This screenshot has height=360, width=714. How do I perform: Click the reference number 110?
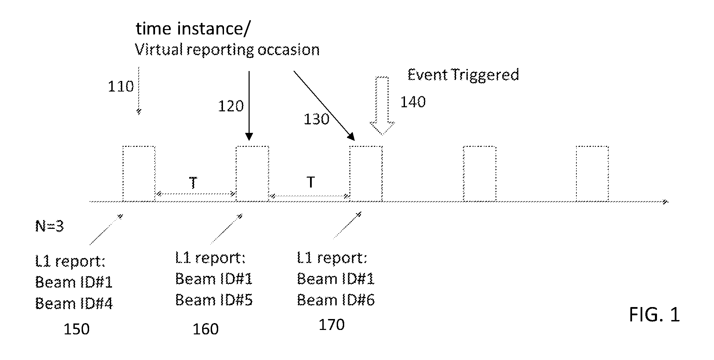[x=121, y=86]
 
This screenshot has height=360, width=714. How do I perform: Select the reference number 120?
[x=231, y=106]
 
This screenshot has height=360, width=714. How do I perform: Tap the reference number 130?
[x=317, y=119]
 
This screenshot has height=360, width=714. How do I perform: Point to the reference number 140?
[x=413, y=102]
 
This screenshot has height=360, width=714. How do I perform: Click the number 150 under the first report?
[x=76, y=329]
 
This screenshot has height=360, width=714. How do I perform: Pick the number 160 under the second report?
[x=206, y=329]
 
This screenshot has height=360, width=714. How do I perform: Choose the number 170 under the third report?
[x=332, y=325]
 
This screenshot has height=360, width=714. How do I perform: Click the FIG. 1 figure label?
[x=654, y=315]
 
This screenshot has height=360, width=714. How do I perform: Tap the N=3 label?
[x=50, y=226]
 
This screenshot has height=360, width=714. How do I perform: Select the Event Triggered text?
[x=463, y=75]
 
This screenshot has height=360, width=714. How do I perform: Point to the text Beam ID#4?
[x=74, y=303]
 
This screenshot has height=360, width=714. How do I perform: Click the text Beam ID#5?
[x=214, y=300]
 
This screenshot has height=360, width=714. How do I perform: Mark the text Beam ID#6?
[x=336, y=300]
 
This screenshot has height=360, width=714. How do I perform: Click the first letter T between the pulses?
[x=193, y=183]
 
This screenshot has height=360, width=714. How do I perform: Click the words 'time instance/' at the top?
[x=193, y=28]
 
